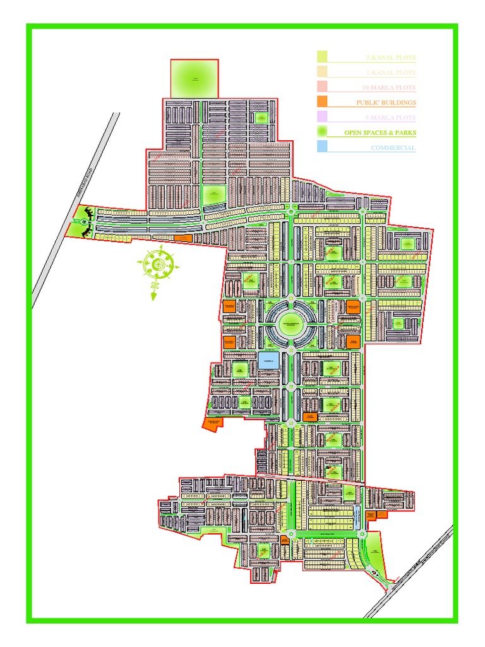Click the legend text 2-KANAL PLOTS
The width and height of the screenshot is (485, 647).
point(391,57)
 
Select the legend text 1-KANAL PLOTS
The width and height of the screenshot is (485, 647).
point(391,73)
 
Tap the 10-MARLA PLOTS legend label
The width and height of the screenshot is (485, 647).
point(389,87)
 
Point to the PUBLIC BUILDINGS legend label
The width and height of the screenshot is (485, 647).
point(386,102)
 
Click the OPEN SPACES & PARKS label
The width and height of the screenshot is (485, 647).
point(380,133)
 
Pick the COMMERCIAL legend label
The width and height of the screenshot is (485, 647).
point(393,148)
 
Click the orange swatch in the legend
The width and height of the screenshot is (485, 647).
point(322,101)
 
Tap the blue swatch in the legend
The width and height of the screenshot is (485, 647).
point(322,147)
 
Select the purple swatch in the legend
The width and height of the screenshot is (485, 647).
point(322,116)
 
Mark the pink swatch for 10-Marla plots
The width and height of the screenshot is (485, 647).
point(322,86)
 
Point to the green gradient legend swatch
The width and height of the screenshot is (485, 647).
point(322,131)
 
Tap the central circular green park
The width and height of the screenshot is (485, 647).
point(289,323)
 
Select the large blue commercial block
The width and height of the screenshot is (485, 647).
point(266,361)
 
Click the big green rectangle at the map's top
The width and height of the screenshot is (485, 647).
point(195,79)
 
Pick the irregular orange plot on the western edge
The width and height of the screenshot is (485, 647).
point(212,423)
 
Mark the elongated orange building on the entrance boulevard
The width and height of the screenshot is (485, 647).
point(183,238)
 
